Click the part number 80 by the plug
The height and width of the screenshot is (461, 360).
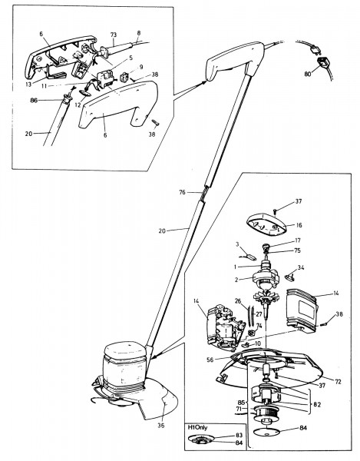coord(308,74)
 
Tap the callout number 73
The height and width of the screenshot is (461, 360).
coord(114,35)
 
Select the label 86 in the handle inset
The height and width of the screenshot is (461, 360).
coord(34,100)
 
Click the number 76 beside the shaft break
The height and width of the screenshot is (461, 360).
coord(183,192)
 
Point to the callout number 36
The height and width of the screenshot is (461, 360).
coord(161,425)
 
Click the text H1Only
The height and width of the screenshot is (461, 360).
coord(197,427)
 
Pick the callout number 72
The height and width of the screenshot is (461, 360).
coord(339,382)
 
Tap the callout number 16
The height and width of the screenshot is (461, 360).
coord(299,225)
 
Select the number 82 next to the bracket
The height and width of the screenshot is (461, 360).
coord(317,405)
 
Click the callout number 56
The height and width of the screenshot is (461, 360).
coord(210,360)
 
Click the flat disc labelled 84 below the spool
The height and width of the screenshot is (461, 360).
coord(266,433)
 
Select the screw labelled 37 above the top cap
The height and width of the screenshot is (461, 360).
coord(275,211)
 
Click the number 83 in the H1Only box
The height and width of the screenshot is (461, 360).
coord(239,436)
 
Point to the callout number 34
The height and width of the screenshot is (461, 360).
coord(301,267)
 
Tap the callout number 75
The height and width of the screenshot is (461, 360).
coord(297,250)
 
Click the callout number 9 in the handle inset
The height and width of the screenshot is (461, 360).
coord(141,67)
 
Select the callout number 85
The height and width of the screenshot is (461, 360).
coord(241,402)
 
